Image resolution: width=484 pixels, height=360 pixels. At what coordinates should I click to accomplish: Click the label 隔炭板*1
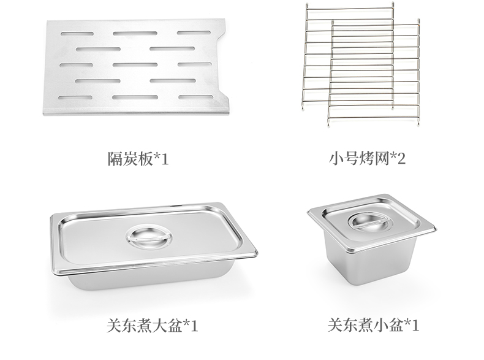click(138, 159)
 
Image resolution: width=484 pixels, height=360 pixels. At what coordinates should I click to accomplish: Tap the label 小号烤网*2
click(368, 159)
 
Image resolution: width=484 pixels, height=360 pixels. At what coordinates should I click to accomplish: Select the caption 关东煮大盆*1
click(138, 324)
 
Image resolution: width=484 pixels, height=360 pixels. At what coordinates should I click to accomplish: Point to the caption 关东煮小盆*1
click(368, 324)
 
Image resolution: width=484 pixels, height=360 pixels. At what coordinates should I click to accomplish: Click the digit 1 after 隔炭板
click(164, 160)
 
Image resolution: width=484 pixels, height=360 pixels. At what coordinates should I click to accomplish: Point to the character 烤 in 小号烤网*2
click(366, 159)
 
